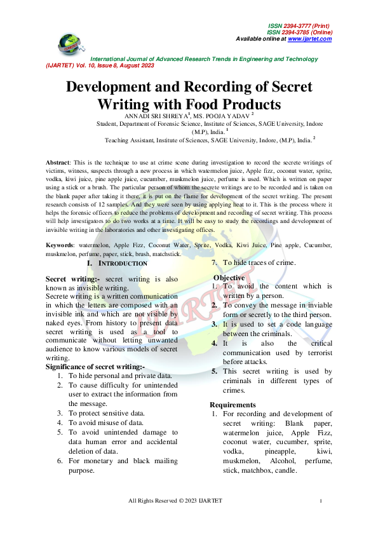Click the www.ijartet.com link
(309, 39)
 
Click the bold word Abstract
(58, 163)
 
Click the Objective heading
(229, 278)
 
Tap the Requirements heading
(233, 405)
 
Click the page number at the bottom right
(321, 502)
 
